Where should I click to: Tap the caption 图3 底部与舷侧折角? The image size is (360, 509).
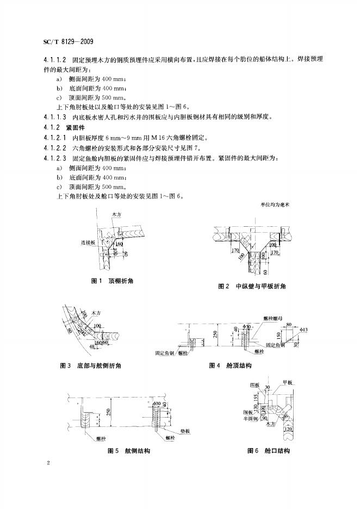(x=90, y=366)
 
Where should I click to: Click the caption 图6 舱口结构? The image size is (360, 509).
(x=269, y=451)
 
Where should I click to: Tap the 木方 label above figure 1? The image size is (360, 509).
(x=116, y=215)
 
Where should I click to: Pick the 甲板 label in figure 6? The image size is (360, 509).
(x=289, y=383)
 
